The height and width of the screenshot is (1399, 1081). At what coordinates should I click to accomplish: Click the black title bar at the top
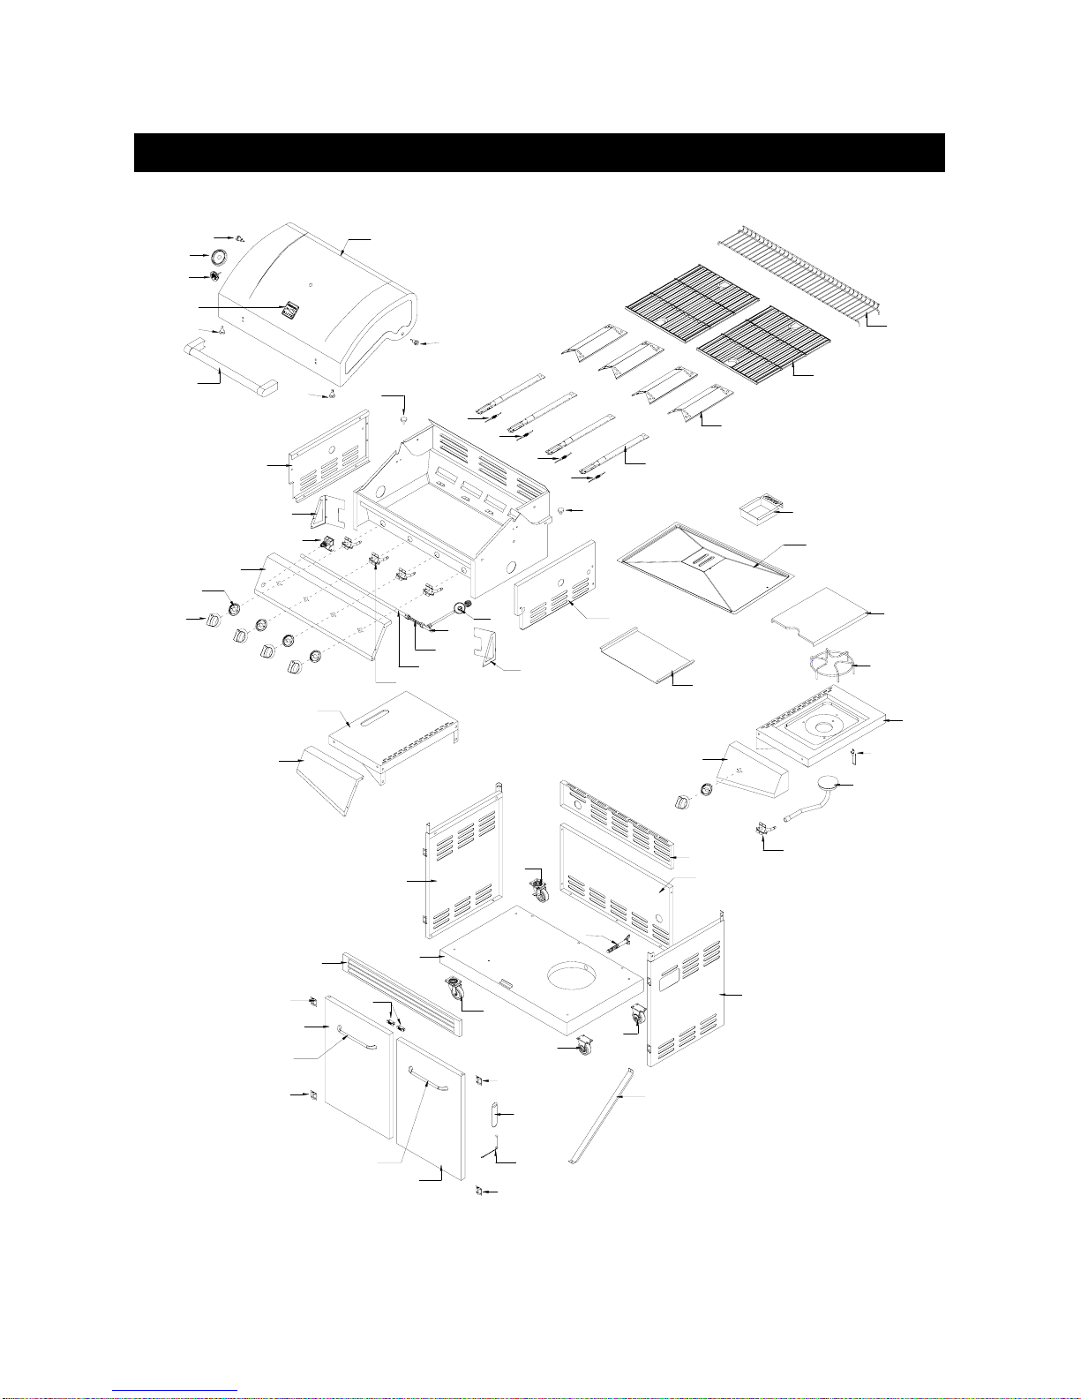click(x=539, y=153)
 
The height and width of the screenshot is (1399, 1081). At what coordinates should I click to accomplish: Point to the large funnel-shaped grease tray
click(x=706, y=564)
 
